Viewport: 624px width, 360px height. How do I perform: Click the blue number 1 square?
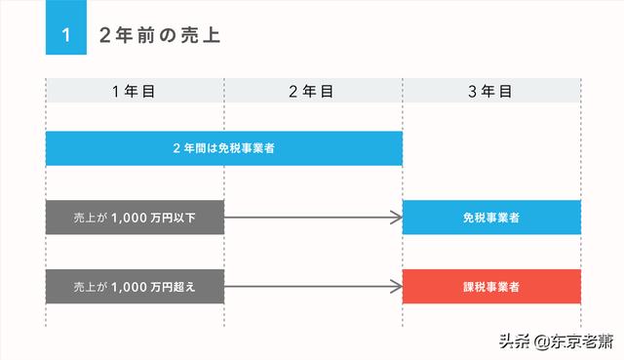[65, 35]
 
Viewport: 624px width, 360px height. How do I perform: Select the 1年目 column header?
[135, 91]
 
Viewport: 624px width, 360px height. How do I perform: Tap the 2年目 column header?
[313, 91]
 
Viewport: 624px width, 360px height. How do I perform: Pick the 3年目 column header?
[491, 91]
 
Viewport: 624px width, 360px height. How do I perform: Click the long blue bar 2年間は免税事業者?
[224, 148]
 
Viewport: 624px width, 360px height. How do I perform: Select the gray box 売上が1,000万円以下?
[135, 217]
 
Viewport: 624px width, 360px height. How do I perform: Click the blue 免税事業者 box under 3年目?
[491, 217]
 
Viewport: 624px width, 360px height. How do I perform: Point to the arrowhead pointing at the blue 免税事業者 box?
[397, 217]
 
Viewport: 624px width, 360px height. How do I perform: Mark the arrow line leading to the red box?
[312, 287]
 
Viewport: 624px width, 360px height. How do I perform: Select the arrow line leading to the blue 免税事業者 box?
[312, 217]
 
